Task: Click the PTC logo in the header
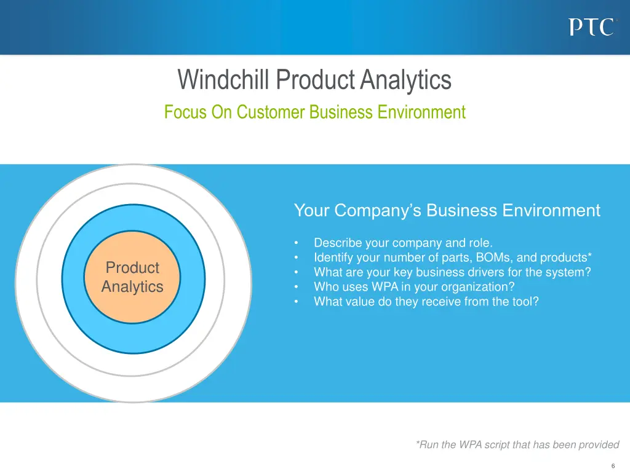click(x=591, y=27)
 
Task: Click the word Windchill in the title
click(x=225, y=80)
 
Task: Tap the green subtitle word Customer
click(x=271, y=112)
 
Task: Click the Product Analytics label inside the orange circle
click(x=132, y=277)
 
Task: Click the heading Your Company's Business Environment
click(x=447, y=211)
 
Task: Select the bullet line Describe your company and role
click(x=403, y=243)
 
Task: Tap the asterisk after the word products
click(x=590, y=256)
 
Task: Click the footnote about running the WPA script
click(x=517, y=445)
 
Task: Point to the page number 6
click(x=613, y=465)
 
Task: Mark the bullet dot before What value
click(x=297, y=302)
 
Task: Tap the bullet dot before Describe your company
click(x=297, y=243)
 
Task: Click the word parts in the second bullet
click(x=445, y=258)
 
